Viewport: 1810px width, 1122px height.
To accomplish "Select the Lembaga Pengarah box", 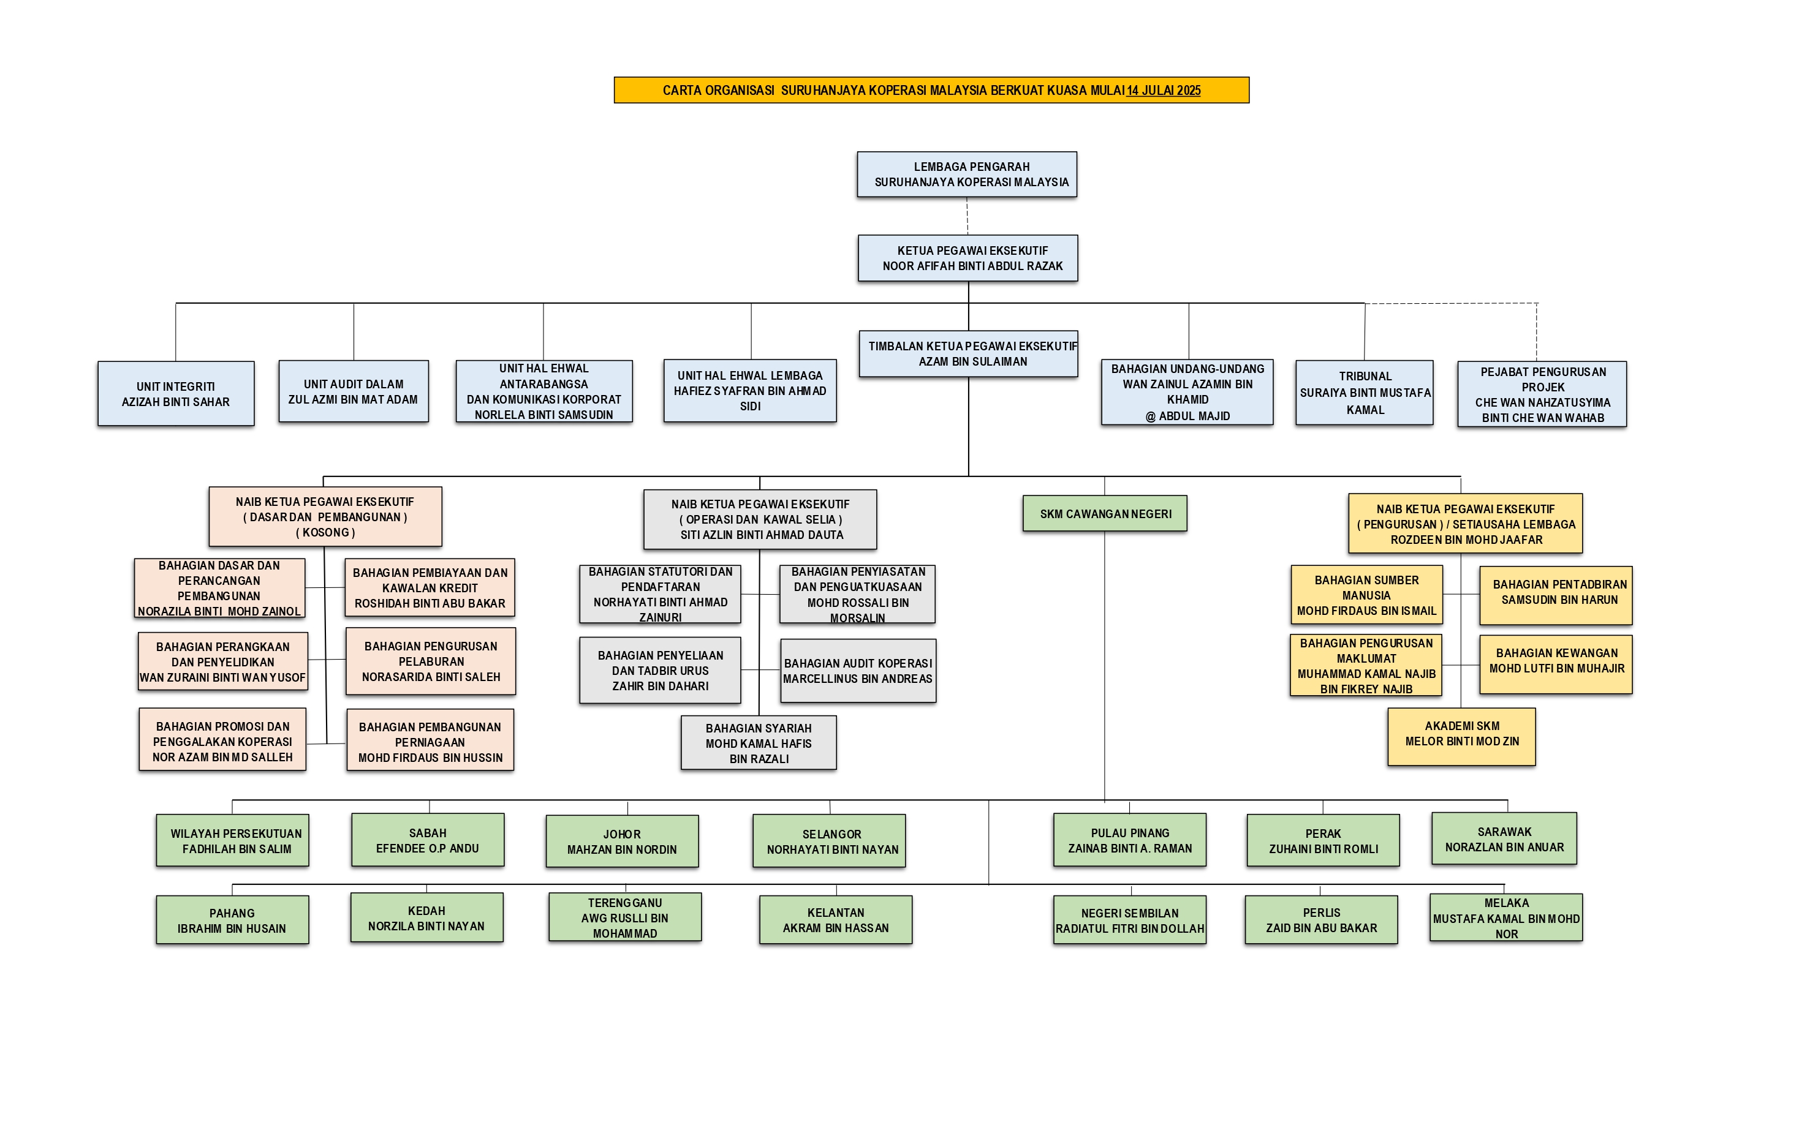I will (967, 175).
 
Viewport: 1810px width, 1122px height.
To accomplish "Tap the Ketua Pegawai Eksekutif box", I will (967, 258).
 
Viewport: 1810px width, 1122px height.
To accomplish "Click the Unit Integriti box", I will (176, 394).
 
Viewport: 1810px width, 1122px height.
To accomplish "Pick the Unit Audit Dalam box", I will (354, 392).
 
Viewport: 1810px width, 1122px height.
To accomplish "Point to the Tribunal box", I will (1364, 393).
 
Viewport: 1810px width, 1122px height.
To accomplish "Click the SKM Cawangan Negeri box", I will (1105, 513).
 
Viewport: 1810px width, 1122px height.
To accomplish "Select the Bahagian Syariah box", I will (758, 743).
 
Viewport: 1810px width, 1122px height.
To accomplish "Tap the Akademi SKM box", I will (1461, 734).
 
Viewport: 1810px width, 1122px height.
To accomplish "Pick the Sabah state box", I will (428, 840).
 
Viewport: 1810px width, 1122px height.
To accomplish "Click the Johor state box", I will (622, 841).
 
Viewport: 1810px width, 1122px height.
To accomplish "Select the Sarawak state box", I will (1504, 839).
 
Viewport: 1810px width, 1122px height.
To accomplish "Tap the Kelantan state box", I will (835, 920).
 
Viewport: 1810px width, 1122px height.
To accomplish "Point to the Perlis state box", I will (1321, 920).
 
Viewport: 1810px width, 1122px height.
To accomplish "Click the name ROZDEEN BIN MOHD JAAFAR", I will (1466, 540).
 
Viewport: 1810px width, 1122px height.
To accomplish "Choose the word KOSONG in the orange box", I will (325, 532).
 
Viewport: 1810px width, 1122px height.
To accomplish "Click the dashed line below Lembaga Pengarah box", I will (967, 216).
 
